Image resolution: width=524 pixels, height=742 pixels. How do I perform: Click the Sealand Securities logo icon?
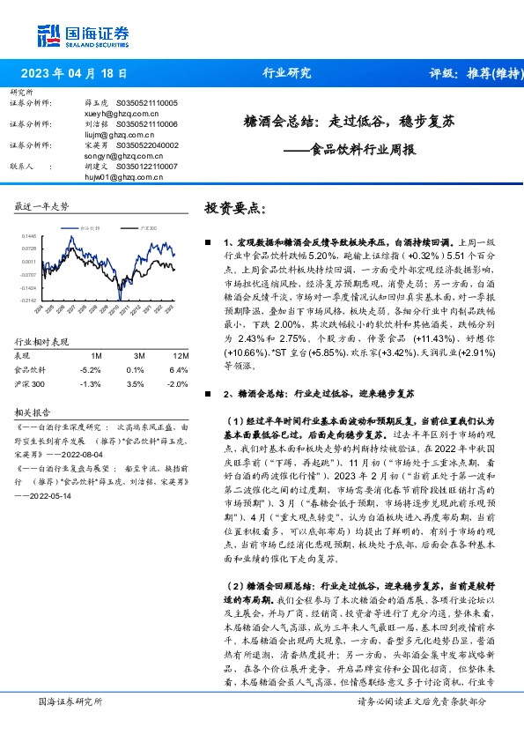(48, 34)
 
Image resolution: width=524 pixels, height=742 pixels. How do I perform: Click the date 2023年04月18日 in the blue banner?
(77, 73)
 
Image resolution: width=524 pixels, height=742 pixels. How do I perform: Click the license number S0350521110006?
(147, 125)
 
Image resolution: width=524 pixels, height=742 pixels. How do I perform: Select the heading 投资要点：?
(234, 208)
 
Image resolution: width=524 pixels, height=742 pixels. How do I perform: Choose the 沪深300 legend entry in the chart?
(148, 227)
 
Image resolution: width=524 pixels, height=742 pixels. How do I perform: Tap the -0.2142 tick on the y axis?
(27, 301)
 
